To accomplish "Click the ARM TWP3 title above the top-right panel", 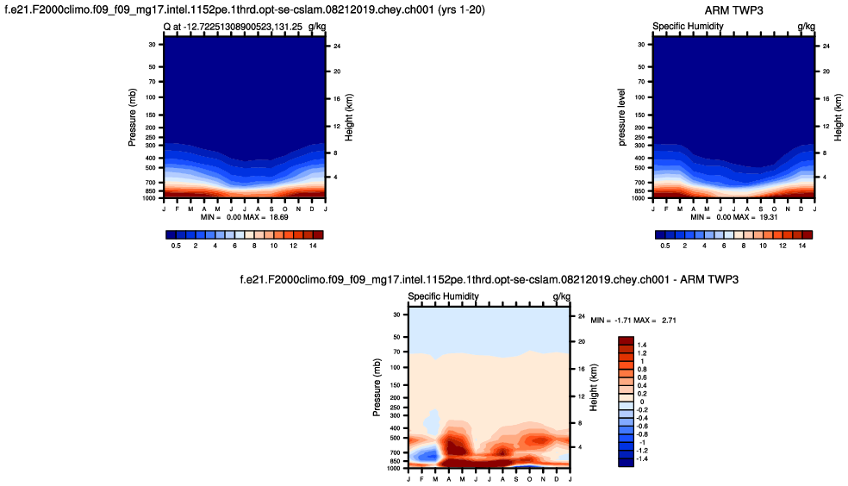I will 733,10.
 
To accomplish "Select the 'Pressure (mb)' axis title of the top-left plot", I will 134,116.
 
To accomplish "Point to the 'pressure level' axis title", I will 622,116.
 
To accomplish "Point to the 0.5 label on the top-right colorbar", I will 665,246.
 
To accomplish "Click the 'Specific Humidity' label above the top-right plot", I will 688,27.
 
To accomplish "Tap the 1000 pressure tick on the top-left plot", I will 149,198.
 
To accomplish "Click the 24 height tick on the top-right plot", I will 826,46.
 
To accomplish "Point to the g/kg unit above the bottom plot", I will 561,297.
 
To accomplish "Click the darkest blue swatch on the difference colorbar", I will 627,463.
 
